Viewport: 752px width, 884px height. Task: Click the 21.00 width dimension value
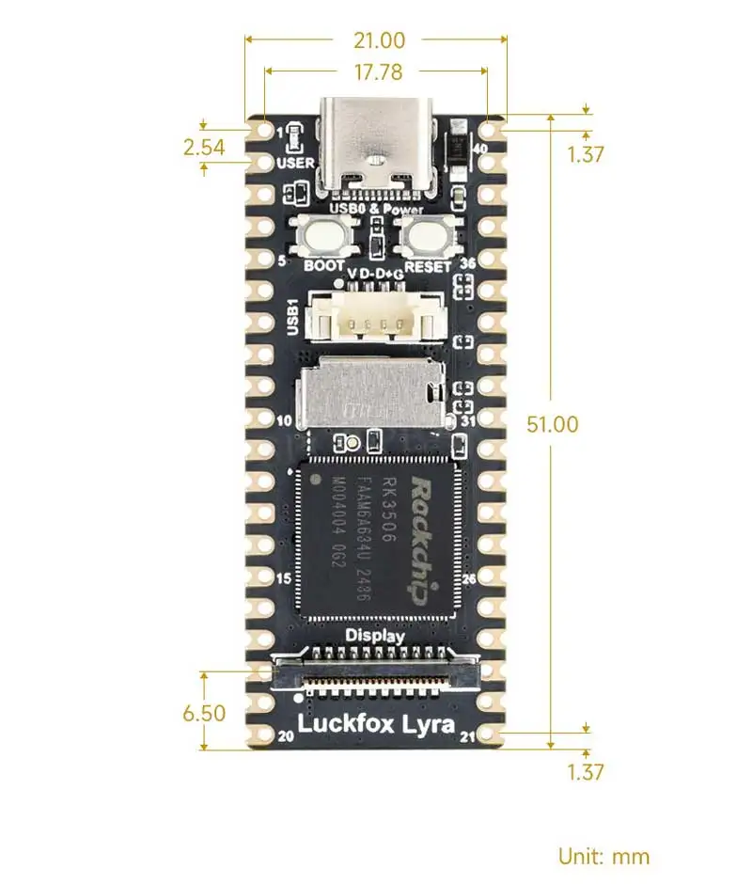point(379,40)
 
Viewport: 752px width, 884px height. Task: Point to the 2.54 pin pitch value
point(204,147)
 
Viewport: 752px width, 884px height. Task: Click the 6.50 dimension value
point(204,713)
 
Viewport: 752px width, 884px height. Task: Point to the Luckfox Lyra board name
point(376,724)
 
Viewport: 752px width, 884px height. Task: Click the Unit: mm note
point(603,857)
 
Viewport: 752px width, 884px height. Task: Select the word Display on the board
point(375,636)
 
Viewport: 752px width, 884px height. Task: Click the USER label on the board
point(296,163)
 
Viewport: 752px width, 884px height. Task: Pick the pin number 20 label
point(286,737)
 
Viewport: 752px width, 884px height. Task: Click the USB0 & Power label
point(375,208)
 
